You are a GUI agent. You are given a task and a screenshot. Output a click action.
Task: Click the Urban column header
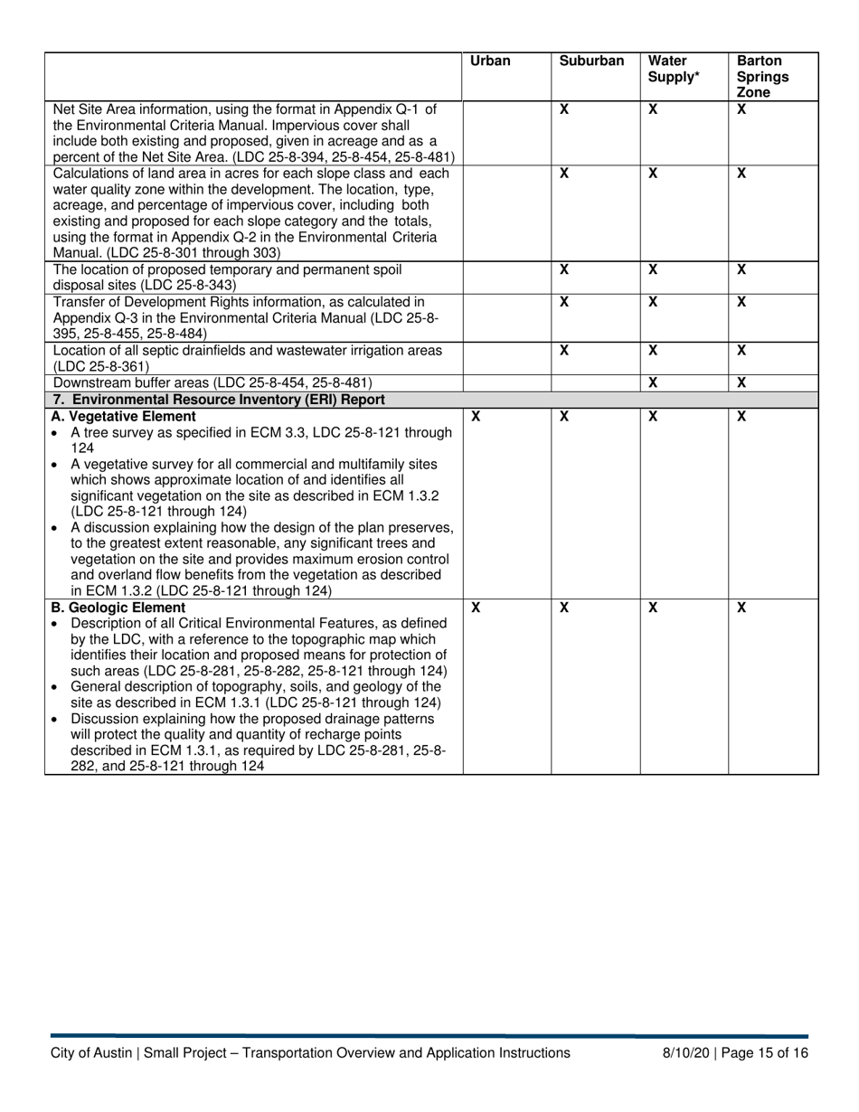[490, 61]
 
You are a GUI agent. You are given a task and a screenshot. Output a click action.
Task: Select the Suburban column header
[591, 61]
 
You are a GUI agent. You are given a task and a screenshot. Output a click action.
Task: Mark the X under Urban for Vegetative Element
[476, 417]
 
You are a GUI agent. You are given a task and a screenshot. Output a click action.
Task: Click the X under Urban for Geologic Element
[476, 608]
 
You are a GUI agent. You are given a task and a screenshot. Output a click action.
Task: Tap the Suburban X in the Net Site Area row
[564, 109]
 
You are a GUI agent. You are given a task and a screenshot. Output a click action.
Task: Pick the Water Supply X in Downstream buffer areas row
[653, 383]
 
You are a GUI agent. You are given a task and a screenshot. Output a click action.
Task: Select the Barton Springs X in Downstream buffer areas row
[741, 383]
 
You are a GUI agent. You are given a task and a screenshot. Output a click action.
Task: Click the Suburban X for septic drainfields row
[564, 350]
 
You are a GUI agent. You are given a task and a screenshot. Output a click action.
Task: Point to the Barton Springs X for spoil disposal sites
[741, 269]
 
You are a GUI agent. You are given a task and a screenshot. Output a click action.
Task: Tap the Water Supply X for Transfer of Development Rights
[653, 302]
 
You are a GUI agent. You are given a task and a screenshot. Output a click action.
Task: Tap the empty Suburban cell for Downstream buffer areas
[596, 383]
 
